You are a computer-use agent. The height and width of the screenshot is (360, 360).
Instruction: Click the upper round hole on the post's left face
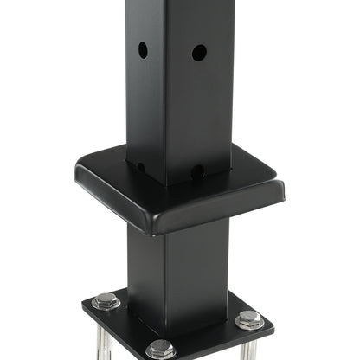point(143,50)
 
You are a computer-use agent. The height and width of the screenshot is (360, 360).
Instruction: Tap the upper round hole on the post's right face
point(199,53)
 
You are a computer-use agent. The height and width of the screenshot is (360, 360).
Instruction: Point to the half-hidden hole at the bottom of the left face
point(141,165)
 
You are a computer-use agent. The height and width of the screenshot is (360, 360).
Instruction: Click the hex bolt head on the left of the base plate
point(106,301)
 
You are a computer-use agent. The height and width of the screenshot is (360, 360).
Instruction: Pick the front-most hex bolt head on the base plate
point(161,348)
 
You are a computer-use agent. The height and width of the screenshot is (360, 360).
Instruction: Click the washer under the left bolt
point(106,306)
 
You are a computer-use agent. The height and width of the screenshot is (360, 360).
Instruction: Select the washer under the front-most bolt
point(161,354)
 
